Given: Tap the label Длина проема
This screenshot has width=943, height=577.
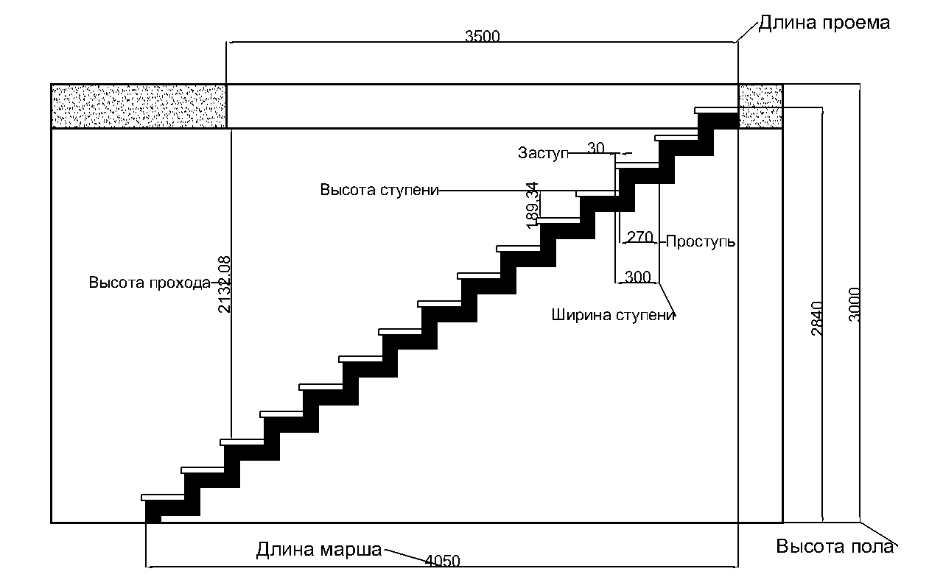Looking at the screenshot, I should tap(824, 23).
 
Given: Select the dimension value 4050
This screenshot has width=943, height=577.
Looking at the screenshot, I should tap(443, 561).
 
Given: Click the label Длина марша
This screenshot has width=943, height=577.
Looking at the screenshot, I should tap(319, 550).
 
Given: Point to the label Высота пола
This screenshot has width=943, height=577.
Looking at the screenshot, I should tap(835, 547).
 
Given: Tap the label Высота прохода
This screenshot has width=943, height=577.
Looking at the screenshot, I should tap(150, 283).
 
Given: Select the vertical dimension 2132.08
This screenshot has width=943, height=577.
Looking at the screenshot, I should tap(225, 284).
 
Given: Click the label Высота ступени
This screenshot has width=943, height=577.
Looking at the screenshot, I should tap(379, 189).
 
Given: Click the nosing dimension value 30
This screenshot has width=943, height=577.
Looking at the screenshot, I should tap(596, 148).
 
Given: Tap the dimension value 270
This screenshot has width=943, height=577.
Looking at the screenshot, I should tap(640, 237).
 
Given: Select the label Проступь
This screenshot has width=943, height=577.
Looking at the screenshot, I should tap(701, 241).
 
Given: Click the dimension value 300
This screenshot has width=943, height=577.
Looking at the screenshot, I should tap(637, 277).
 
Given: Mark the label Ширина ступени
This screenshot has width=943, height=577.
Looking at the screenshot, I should tap(614, 315).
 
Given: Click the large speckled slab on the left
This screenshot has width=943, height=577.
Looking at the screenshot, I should tap(139, 106).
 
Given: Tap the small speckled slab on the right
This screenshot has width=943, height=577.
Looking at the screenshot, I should tap(760, 106).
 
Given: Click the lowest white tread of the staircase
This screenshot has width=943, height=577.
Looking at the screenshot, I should tap(164, 498).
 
